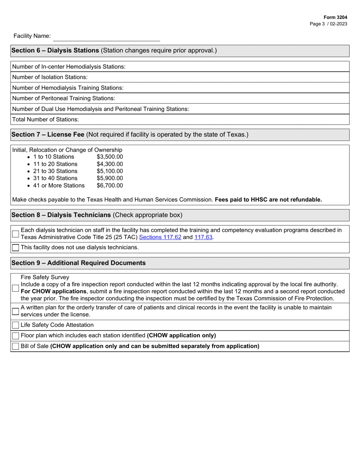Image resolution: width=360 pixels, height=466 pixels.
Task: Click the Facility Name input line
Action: (106, 37)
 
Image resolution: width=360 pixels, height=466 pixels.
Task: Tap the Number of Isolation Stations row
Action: (180, 77)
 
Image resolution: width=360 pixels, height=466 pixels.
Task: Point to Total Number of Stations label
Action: (45, 119)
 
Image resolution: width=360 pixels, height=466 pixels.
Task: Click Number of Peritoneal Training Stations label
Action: (63, 98)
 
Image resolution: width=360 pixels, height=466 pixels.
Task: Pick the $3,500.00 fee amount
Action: (110, 157)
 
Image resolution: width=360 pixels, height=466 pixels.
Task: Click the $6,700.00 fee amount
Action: (110, 186)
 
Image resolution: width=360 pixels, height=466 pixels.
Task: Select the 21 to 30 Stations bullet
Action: (55, 171)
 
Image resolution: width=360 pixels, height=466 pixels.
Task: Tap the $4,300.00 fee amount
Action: (110, 164)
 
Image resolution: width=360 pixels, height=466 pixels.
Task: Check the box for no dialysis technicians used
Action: (16, 248)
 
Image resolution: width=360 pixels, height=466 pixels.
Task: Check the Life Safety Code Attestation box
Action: (16, 325)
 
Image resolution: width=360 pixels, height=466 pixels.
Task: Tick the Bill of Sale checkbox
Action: (16, 346)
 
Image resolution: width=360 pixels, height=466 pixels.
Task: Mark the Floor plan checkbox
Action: (16, 336)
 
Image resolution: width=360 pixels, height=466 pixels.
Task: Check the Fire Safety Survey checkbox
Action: (16, 288)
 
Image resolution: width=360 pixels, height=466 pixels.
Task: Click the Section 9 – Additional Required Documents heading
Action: (79, 263)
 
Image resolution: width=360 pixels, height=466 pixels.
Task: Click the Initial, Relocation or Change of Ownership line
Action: (67, 150)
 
